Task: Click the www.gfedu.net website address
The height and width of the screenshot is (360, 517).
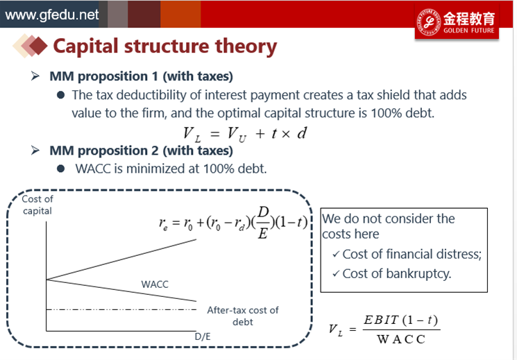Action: point(52,15)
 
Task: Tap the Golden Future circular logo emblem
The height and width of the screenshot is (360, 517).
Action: point(429,22)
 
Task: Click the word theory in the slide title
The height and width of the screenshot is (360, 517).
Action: point(246,46)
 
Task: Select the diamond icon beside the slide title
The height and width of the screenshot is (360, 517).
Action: point(30,46)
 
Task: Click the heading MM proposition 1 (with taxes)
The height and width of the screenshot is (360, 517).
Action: point(141,76)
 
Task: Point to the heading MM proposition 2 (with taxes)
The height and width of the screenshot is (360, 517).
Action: point(141,151)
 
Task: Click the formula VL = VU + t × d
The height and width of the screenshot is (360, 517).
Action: point(245,134)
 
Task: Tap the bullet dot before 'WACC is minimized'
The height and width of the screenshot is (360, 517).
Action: point(60,169)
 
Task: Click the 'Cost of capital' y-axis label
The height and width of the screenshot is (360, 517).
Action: point(37,205)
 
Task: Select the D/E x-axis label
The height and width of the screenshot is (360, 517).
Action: point(203,336)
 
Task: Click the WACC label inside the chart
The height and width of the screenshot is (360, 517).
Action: point(155,284)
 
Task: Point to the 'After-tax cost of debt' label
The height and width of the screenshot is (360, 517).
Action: point(243,316)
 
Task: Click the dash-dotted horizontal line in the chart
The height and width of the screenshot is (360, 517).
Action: point(121,309)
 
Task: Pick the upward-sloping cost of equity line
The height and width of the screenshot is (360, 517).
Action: point(121,260)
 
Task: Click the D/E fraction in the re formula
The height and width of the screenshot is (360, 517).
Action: point(263,223)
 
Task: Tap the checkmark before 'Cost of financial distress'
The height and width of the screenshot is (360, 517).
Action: point(336,255)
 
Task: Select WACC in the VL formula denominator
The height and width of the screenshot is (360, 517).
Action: point(401,339)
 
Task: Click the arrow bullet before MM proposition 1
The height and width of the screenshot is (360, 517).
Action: point(35,76)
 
